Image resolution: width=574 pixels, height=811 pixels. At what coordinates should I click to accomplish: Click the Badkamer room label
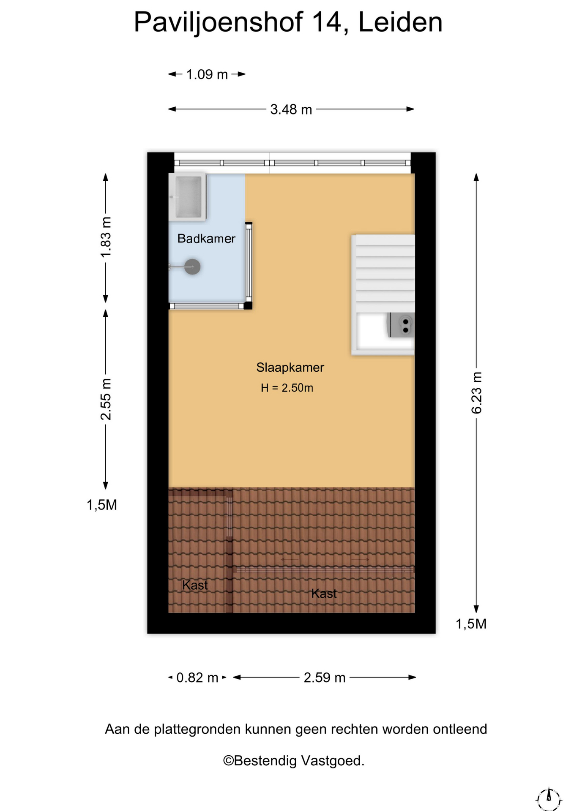[206, 239]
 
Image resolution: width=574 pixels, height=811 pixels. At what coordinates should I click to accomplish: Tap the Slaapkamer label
[290, 367]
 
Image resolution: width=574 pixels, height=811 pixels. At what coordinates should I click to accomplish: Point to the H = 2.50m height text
[287, 388]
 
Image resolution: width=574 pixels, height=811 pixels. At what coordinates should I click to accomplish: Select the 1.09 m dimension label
[207, 74]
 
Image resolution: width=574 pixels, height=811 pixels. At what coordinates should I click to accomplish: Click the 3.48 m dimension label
[291, 109]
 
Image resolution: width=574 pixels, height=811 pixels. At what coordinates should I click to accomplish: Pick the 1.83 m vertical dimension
[106, 237]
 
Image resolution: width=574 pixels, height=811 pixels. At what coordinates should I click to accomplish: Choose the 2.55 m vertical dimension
[106, 399]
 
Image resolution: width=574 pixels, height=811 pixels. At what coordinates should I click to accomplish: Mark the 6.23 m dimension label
[476, 393]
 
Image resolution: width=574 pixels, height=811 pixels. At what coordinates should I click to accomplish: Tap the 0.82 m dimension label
[197, 678]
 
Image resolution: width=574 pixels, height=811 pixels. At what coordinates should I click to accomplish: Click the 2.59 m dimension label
[325, 678]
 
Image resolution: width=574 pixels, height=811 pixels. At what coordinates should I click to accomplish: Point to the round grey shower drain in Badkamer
[192, 267]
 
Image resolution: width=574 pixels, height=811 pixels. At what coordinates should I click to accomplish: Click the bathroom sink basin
[188, 197]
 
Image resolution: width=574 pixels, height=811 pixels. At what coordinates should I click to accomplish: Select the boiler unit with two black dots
[400, 325]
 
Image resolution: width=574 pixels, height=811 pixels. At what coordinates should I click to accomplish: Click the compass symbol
[549, 798]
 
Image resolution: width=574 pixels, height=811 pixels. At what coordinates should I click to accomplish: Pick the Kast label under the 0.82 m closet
[195, 585]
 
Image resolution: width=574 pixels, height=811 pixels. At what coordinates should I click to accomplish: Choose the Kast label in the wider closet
[324, 593]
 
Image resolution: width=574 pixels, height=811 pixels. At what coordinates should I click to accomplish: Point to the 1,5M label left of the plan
[102, 505]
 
